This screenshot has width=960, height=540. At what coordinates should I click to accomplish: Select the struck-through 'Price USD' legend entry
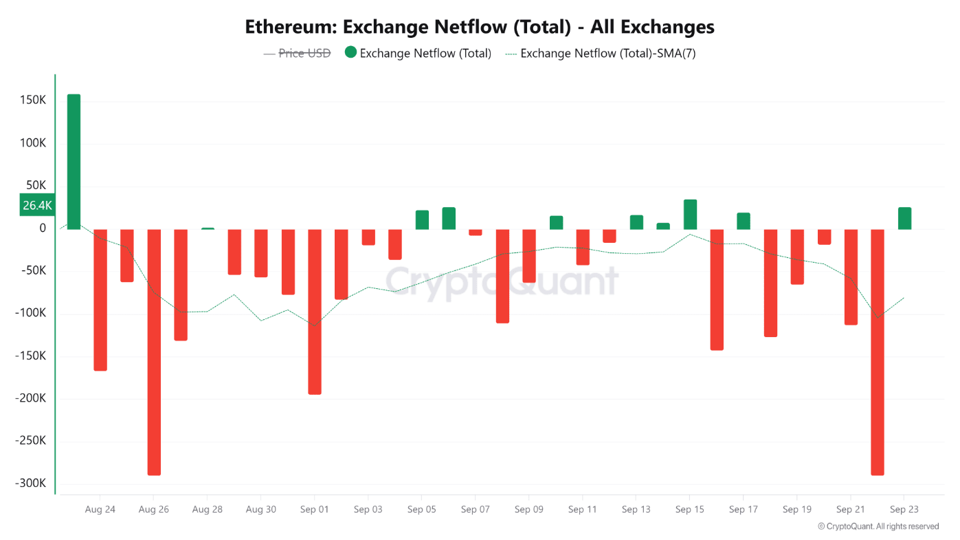click(x=304, y=53)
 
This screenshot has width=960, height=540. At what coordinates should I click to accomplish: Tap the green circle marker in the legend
click(x=350, y=53)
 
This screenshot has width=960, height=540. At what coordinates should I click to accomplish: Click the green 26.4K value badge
click(x=37, y=205)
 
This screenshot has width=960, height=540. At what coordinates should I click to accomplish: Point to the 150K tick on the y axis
click(x=32, y=100)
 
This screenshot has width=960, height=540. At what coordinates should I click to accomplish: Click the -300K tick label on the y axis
click(x=30, y=484)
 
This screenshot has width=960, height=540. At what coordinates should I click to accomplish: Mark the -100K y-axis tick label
click(x=30, y=313)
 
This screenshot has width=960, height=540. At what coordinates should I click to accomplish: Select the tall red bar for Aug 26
click(x=154, y=352)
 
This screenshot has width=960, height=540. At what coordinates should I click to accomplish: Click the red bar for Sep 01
click(x=315, y=311)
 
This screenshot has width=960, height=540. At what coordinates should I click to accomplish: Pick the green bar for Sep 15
click(x=690, y=214)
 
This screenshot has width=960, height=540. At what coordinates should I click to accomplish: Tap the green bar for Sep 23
click(x=904, y=218)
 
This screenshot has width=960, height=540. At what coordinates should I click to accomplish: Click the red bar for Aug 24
click(x=100, y=299)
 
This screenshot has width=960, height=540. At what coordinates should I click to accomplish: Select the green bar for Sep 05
click(x=422, y=219)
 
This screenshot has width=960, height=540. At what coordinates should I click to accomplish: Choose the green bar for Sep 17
click(x=744, y=221)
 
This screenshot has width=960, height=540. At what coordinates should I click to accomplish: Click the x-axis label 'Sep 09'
click(x=528, y=510)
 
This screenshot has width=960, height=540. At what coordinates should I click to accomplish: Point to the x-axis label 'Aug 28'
click(x=207, y=510)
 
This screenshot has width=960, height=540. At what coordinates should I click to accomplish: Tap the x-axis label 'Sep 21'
click(x=850, y=510)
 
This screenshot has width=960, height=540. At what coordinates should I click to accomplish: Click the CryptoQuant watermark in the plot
click(x=501, y=281)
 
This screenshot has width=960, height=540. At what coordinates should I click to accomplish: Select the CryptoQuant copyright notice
click(x=878, y=526)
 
